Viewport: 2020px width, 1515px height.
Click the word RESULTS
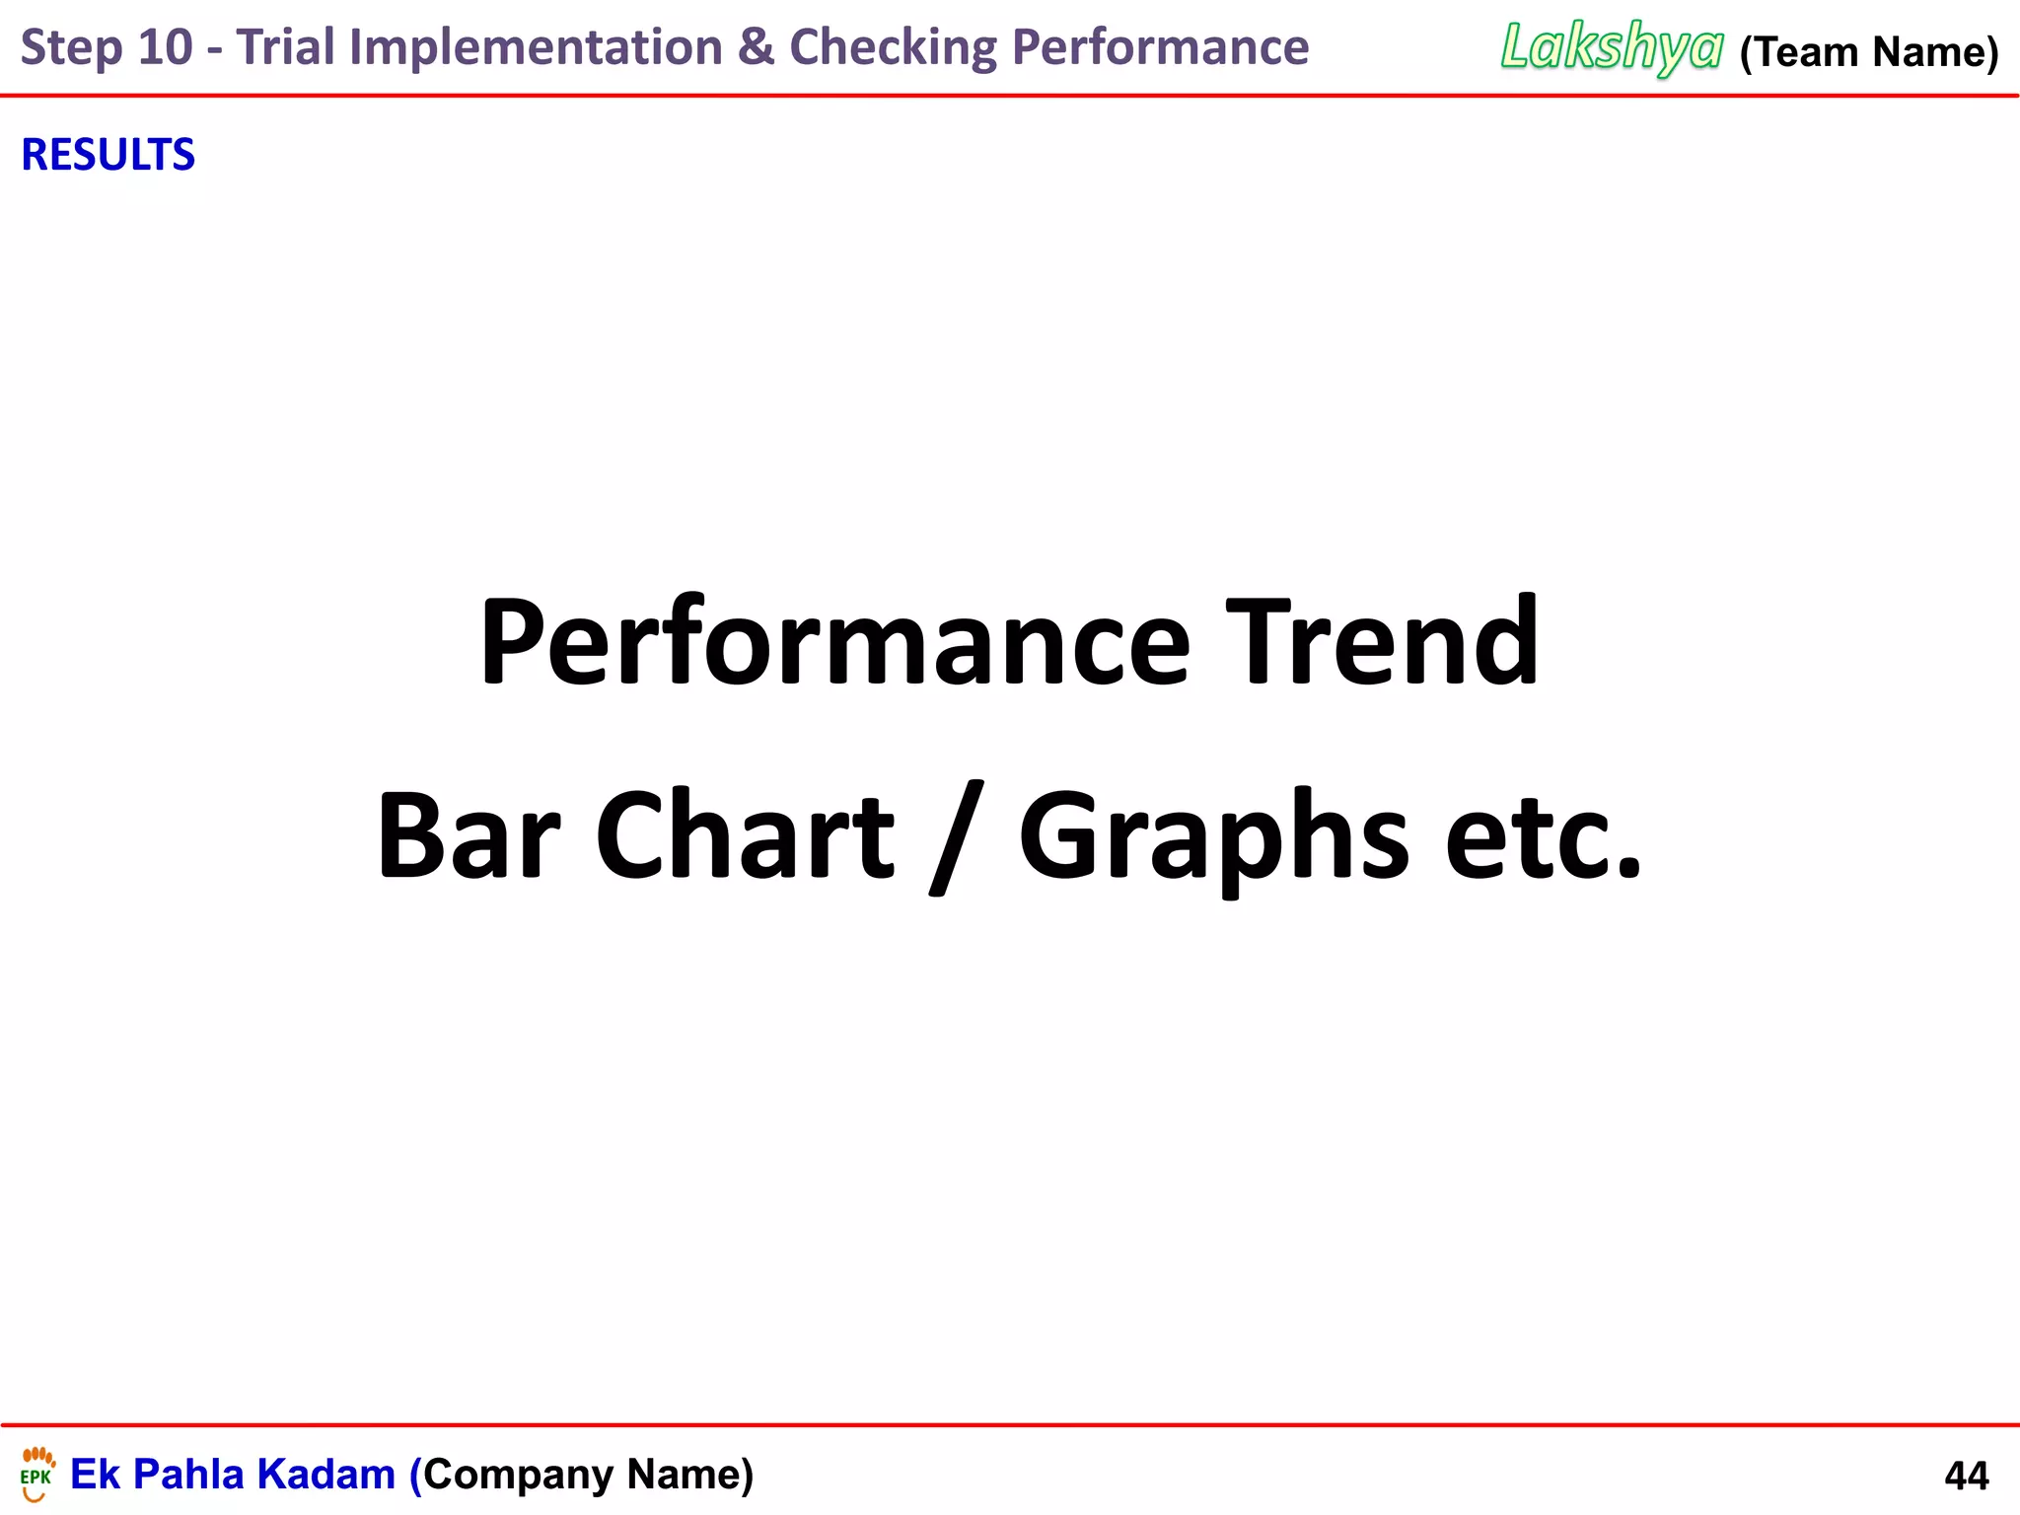(x=108, y=155)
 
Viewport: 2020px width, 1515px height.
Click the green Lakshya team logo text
(x=1612, y=47)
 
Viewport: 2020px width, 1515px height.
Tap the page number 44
(x=1966, y=1476)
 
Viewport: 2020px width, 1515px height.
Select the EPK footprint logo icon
(x=37, y=1474)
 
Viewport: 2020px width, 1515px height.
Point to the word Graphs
(x=1213, y=838)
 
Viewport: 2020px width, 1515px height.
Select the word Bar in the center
(x=469, y=836)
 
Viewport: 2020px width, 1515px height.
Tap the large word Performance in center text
(x=834, y=643)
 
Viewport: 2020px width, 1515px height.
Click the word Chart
(x=745, y=836)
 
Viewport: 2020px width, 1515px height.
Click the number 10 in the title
(x=165, y=47)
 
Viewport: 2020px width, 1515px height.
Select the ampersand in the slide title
(x=756, y=47)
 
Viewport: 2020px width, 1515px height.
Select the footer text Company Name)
(x=589, y=1475)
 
